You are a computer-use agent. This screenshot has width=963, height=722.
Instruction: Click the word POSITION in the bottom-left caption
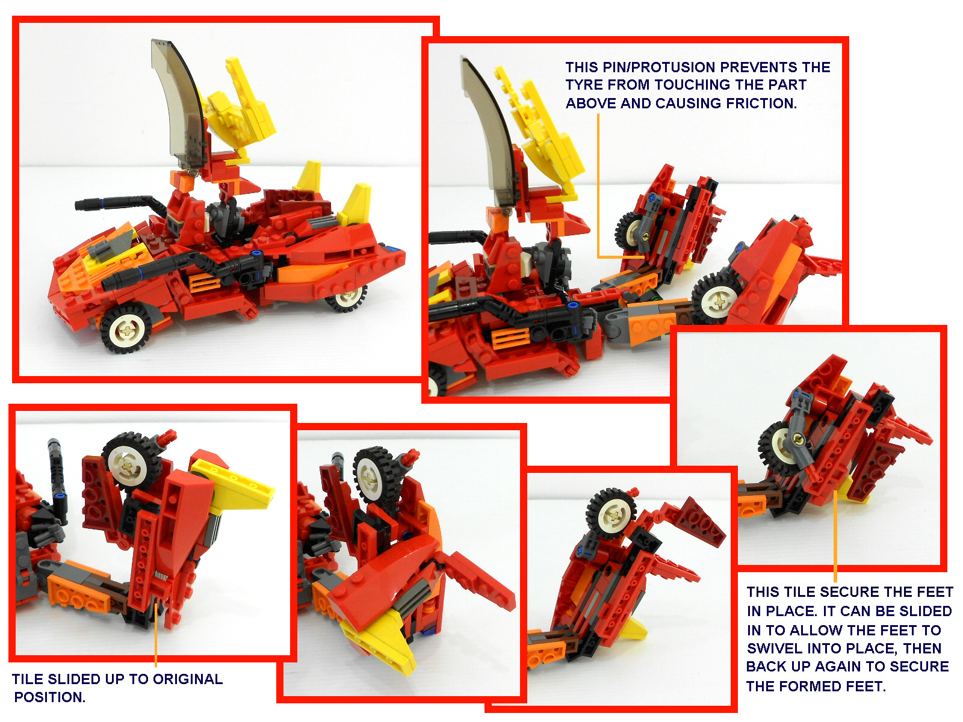49,697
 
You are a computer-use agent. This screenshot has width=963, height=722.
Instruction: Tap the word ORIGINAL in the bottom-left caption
187,679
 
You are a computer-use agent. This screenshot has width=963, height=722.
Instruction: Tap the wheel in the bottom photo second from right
611,513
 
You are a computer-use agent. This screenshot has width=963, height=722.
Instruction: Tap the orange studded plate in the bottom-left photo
78,593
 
